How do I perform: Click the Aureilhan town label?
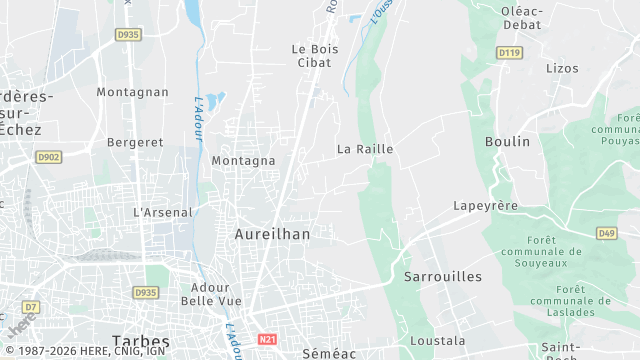point(272,234)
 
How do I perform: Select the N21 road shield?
point(267,340)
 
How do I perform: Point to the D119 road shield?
point(510,52)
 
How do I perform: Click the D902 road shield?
point(48,157)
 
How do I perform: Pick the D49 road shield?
point(606,233)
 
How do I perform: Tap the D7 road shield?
point(31,306)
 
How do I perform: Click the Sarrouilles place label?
point(443,276)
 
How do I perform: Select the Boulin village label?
point(507,142)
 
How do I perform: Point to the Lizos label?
point(563,68)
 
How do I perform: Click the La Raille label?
point(365,149)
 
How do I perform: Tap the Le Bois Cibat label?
point(311,56)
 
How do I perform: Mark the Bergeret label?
point(135,142)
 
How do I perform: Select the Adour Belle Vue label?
point(210,294)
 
